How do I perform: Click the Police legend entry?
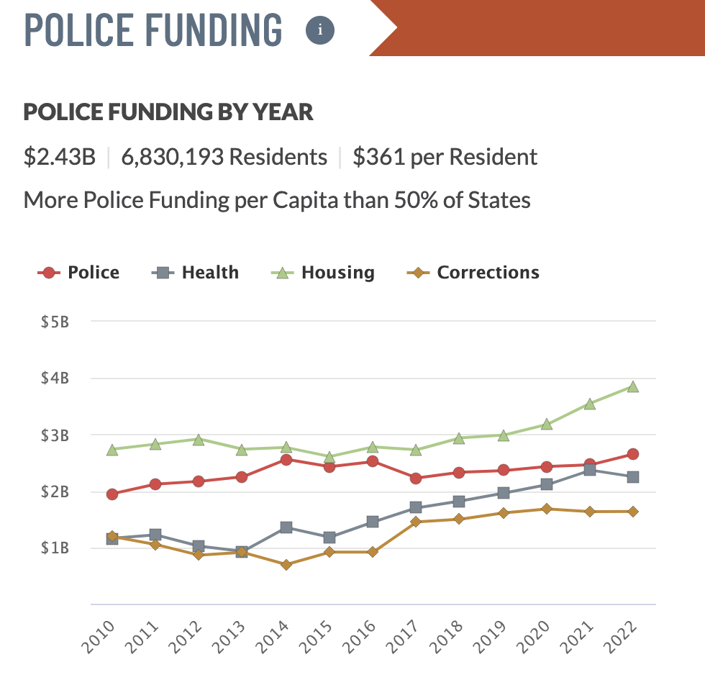click(x=78, y=273)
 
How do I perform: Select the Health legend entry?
click(x=196, y=273)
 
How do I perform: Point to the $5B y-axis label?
click(x=55, y=322)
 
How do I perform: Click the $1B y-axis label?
click(x=55, y=548)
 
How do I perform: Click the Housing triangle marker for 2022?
click(x=632, y=386)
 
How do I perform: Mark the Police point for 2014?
click(x=286, y=459)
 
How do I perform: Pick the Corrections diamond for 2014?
click(x=286, y=565)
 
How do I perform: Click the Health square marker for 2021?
click(x=589, y=470)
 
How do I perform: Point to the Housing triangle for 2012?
click(x=199, y=439)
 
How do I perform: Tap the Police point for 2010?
click(x=112, y=494)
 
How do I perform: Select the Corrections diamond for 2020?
click(x=546, y=509)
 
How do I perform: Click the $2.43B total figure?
click(x=60, y=157)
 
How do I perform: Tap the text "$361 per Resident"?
click(x=445, y=157)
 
